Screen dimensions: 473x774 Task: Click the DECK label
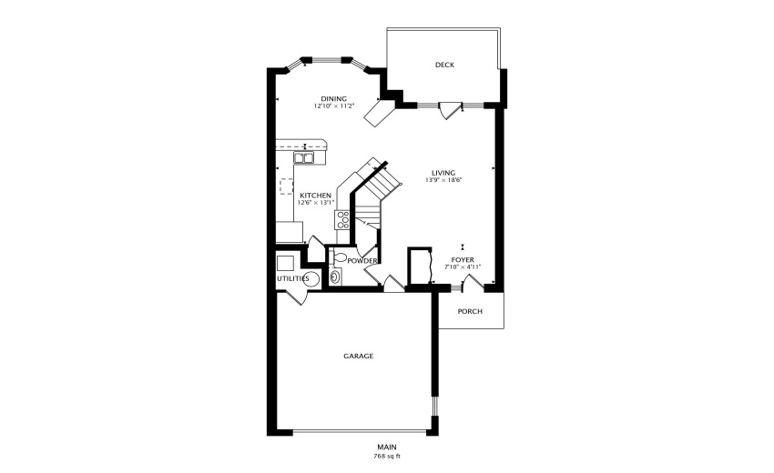[444, 65]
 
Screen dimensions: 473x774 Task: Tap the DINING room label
[333, 98]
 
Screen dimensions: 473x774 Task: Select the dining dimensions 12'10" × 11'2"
[333, 106]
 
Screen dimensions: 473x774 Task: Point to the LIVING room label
[443, 172]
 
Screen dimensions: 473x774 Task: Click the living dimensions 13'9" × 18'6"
[443, 180]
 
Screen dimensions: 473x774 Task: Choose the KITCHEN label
[316, 195]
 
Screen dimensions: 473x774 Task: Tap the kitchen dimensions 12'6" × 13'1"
[316, 202]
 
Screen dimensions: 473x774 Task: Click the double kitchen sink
[304, 158]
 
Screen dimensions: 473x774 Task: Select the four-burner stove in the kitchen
[343, 219]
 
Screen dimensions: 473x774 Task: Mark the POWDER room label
[362, 260]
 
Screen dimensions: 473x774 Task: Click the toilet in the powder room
[341, 259]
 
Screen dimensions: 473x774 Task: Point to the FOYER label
[463, 258]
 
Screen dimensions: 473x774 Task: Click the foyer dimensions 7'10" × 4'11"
[463, 267]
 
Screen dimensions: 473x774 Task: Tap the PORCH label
[470, 311]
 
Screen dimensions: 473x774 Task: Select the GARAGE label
[358, 356]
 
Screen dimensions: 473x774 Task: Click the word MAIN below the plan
[387, 447]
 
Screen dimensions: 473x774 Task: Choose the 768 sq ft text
[387, 456]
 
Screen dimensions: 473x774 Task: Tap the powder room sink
[335, 277]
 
